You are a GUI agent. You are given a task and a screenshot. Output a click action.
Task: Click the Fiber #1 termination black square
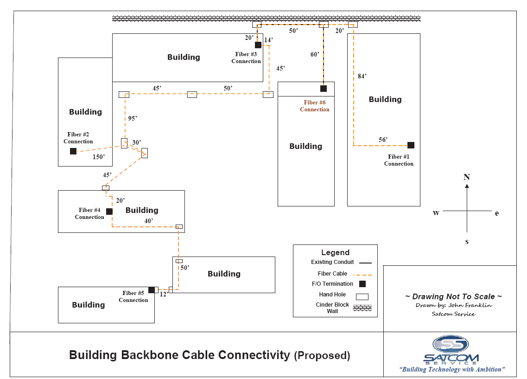tap(411, 145)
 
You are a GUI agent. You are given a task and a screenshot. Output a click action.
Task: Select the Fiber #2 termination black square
tap(73, 151)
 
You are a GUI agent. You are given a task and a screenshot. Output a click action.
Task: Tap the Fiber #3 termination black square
tap(258, 45)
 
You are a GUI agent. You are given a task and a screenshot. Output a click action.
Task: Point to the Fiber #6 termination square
tap(324, 89)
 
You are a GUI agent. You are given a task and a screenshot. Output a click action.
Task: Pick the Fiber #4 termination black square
tap(109, 212)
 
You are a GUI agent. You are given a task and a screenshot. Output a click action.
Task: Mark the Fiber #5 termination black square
tap(152, 290)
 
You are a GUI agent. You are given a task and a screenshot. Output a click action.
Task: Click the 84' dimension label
tap(362, 76)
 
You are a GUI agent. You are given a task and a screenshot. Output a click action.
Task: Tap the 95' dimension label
tap(133, 118)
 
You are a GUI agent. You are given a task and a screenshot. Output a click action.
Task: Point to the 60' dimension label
tap(315, 54)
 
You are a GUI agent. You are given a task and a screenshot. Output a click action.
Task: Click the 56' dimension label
tap(383, 140)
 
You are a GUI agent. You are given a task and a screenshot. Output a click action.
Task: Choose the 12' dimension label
tap(163, 294)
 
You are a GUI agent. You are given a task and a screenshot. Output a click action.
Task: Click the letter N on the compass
tap(467, 177)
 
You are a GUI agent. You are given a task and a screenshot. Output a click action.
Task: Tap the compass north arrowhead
tap(467, 186)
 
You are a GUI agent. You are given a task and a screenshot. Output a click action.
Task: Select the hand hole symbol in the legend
tap(362, 297)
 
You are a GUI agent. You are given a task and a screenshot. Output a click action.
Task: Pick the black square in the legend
tap(362, 284)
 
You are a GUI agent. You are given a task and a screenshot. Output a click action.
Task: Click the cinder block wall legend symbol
tap(362, 308)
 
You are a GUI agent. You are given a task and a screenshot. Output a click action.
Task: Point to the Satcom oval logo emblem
tap(451, 344)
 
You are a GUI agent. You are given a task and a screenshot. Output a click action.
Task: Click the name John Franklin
tap(471, 305)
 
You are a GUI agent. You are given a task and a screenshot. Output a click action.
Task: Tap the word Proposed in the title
tap(322, 356)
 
